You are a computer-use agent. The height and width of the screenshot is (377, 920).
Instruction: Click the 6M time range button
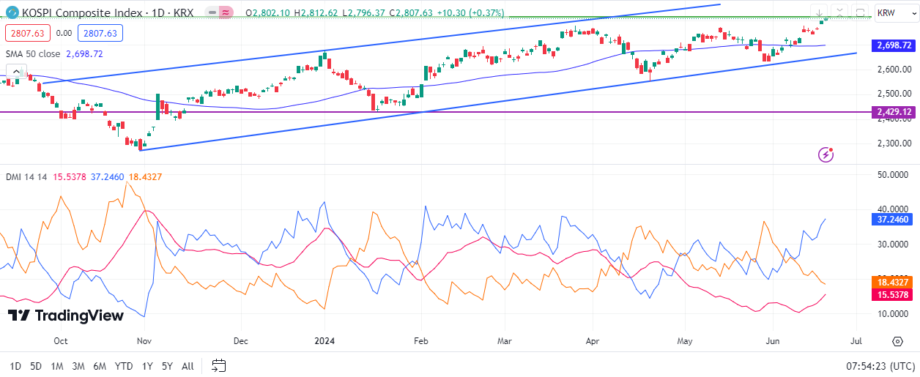[x=100, y=366]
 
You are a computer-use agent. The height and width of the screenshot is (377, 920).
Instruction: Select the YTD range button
[x=124, y=366]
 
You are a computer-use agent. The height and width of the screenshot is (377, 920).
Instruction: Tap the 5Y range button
[x=167, y=366]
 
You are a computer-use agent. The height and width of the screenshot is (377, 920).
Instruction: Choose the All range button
[x=188, y=366]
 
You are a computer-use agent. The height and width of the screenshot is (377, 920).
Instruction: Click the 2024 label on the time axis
[x=324, y=341]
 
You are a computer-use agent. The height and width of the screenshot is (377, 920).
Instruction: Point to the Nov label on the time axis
[x=144, y=341]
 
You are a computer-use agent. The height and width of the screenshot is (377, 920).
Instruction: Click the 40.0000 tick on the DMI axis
[x=894, y=209]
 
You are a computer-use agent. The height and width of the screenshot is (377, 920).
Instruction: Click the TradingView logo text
[x=66, y=316]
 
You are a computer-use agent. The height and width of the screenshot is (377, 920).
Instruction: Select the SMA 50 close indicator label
[x=33, y=53]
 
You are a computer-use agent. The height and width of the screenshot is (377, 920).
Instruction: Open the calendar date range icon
[x=218, y=365]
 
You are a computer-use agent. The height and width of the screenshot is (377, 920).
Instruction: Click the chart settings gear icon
[x=897, y=341]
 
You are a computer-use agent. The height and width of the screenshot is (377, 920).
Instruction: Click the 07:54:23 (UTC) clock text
[x=880, y=366]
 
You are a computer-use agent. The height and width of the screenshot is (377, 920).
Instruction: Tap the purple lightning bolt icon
[x=826, y=154]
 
